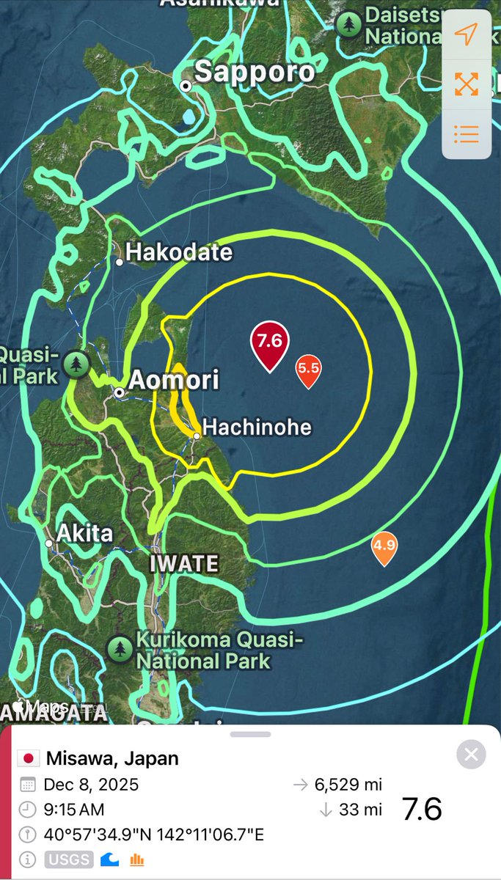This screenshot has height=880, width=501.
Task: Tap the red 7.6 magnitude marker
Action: click(270, 342)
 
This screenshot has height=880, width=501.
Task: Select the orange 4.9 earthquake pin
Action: click(384, 546)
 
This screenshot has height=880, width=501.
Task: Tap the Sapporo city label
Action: click(254, 72)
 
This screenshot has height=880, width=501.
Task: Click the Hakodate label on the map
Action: click(178, 253)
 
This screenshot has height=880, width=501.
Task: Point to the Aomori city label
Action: click(173, 380)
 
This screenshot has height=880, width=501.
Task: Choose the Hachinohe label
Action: click(257, 427)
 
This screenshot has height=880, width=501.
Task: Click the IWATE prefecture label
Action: click(184, 564)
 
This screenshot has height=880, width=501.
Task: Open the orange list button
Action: click(466, 134)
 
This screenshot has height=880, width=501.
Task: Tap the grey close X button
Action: click(471, 754)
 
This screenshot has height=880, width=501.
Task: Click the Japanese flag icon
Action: click(29, 758)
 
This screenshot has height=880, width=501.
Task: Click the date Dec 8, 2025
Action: click(91, 784)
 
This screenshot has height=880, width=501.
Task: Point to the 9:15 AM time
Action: click(73, 810)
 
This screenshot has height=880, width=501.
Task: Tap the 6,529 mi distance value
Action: click(348, 785)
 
